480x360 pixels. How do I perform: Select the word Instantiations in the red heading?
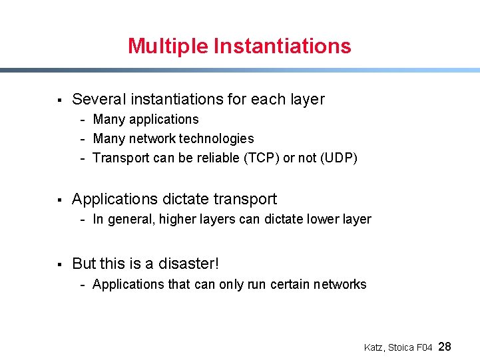pyautogui.click(x=282, y=46)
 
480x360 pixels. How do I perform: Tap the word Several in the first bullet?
pyautogui.click(x=99, y=100)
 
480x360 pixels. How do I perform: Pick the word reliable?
pyautogui.click(x=218, y=158)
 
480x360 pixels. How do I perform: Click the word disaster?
pyautogui.click(x=188, y=264)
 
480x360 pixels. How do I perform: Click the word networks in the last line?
pyautogui.click(x=340, y=284)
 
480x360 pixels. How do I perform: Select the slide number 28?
pyautogui.click(x=445, y=346)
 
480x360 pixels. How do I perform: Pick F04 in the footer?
pyautogui.click(x=425, y=347)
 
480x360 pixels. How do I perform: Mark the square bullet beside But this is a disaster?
pyautogui.click(x=59, y=265)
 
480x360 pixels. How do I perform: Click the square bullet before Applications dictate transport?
pyautogui.click(x=59, y=200)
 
